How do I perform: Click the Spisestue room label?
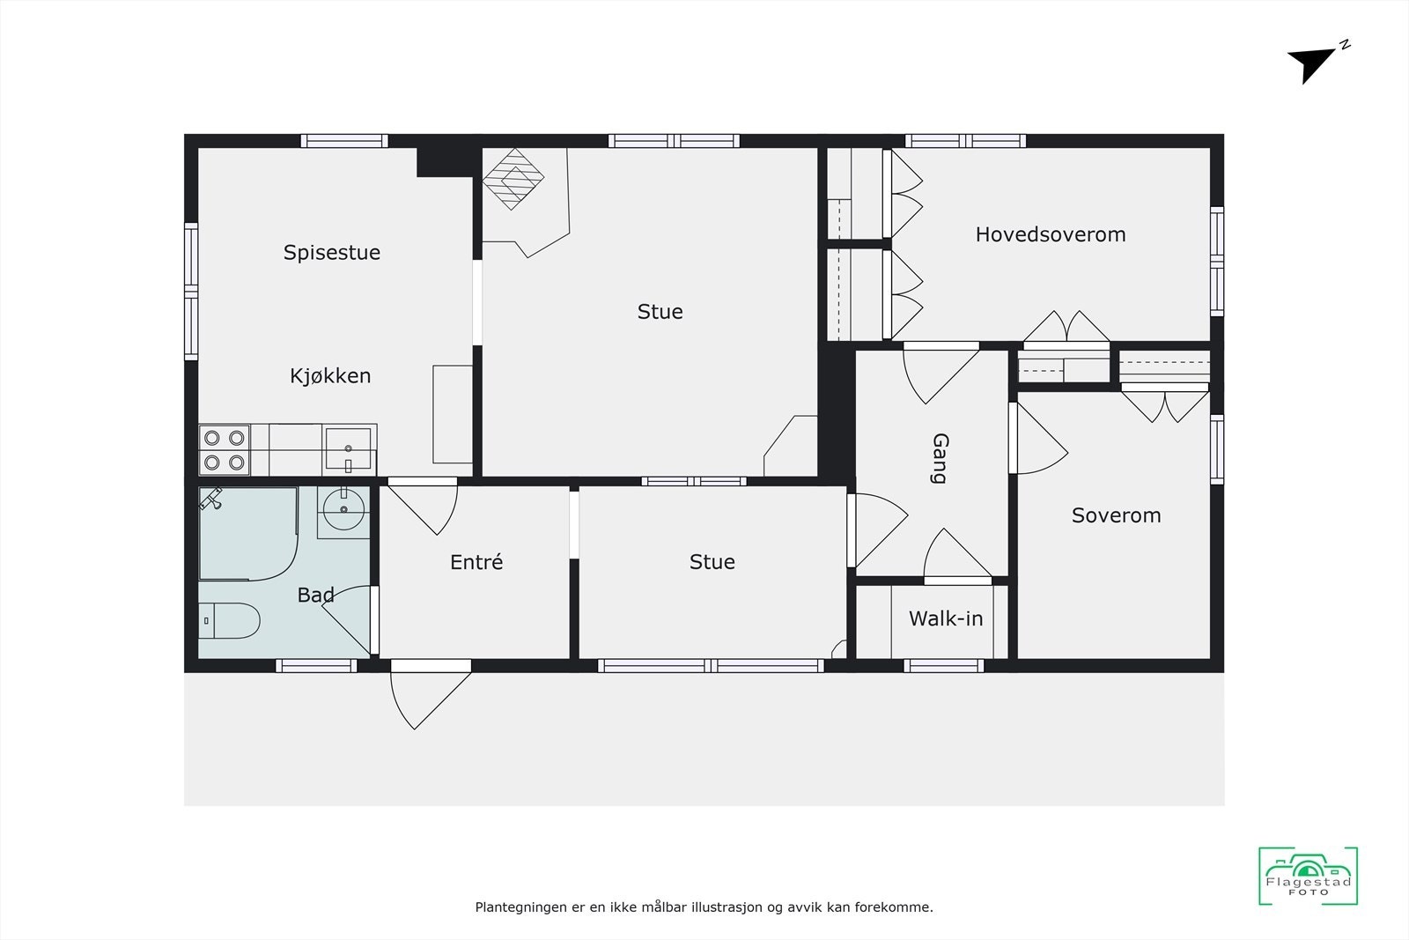(332, 253)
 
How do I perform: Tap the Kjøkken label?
(330, 376)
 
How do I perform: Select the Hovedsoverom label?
(1051, 234)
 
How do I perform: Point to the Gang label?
(940, 458)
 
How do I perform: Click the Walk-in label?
(946, 618)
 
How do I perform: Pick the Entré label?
(476, 562)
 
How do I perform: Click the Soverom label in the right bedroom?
(1116, 515)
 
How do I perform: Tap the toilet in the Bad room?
(230, 620)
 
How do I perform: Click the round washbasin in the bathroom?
(343, 508)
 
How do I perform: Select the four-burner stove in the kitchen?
(224, 449)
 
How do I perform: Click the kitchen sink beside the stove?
(349, 448)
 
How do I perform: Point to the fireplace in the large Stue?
(513, 178)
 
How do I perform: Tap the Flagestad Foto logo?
(1308, 876)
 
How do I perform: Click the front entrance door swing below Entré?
(429, 696)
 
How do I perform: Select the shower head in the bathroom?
(210, 500)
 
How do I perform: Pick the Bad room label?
(315, 596)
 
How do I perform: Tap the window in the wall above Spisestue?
(344, 141)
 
